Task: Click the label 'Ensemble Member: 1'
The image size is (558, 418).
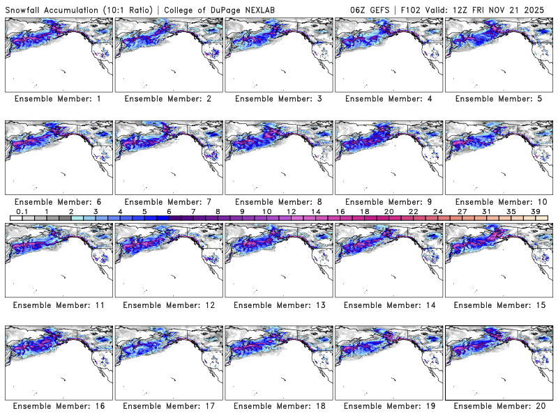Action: point(57,99)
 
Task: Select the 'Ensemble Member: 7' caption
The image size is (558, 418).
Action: point(167,201)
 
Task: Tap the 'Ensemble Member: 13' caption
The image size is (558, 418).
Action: point(278,304)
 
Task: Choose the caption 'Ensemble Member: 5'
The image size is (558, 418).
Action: point(497,99)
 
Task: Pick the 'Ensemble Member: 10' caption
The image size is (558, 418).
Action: point(497,201)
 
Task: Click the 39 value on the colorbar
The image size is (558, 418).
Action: point(534,211)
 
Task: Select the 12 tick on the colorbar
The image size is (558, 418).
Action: point(291,211)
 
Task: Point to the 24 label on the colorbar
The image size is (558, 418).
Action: point(437,211)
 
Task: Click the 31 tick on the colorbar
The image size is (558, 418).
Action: point(486,211)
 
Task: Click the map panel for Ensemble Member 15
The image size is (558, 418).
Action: point(497,258)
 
